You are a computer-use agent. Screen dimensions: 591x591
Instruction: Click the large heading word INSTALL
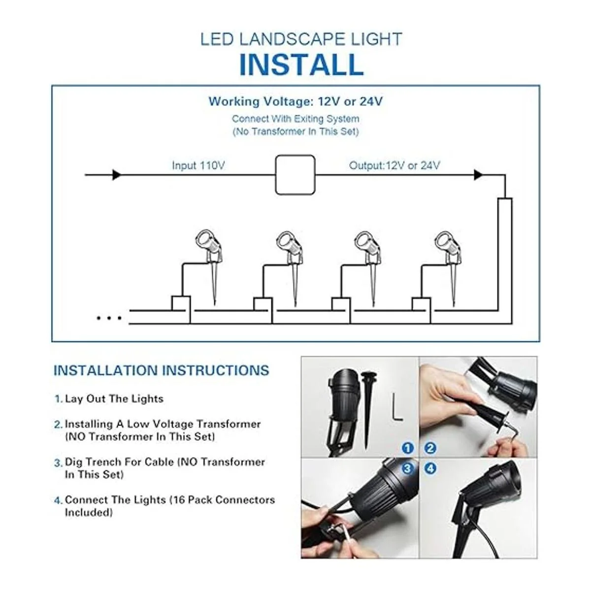[x=301, y=65]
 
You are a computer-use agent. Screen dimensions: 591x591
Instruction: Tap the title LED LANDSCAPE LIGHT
[x=301, y=39]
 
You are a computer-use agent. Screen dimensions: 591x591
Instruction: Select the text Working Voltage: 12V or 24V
[x=295, y=102]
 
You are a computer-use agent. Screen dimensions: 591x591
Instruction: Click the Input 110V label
[x=198, y=165]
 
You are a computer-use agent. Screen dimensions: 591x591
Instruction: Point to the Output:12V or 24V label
[x=394, y=165]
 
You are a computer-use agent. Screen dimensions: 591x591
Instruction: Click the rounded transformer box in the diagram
[x=295, y=175]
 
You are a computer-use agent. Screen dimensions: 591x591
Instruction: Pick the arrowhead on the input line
[x=117, y=175]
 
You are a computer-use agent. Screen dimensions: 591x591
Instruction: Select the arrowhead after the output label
[x=478, y=175]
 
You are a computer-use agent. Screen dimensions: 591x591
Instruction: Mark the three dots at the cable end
[x=109, y=318]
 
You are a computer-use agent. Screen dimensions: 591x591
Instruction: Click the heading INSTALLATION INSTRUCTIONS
[x=161, y=370]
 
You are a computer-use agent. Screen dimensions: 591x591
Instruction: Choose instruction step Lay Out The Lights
[x=114, y=398]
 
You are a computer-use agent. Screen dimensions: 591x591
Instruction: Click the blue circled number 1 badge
[x=407, y=448]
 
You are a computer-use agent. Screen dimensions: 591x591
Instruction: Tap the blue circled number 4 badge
[x=430, y=468]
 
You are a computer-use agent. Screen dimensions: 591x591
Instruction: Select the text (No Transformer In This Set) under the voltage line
[x=295, y=131]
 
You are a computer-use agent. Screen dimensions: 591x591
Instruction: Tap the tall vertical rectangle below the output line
[x=504, y=256]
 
